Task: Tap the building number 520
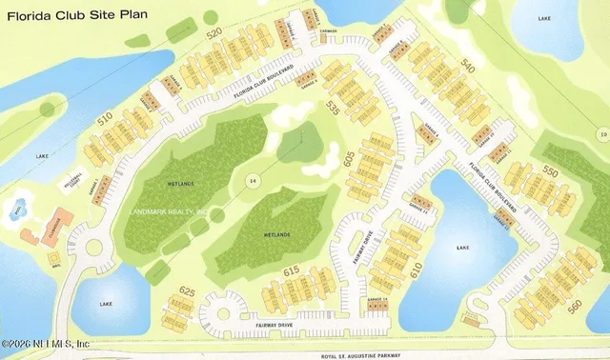(x=213, y=32)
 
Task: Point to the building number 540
(x=466, y=65)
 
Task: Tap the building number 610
(x=416, y=270)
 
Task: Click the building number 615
(x=293, y=272)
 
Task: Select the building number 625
(x=188, y=291)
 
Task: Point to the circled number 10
(x=602, y=134)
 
